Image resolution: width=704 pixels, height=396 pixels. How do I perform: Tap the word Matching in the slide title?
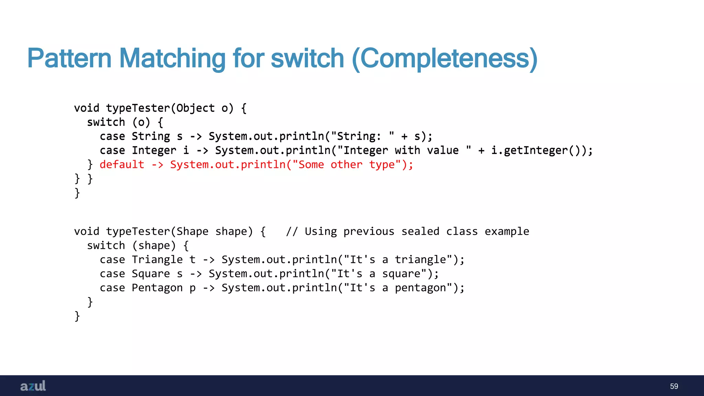click(172, 58)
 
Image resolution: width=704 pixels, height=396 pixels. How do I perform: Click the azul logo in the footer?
click(33, 386)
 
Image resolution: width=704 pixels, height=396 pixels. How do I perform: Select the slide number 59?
click(674, 386)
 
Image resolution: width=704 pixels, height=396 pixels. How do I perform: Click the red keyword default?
click(122, 165)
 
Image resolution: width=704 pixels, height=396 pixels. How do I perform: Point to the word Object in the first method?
click(196, 108)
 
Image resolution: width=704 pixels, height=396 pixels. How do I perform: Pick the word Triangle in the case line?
click(157, 260)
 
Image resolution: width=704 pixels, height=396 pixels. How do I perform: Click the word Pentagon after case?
click(157, 288)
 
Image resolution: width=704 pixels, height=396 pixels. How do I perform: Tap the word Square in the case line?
click(151, 274)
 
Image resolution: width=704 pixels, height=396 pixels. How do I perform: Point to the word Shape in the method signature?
click(192, 231)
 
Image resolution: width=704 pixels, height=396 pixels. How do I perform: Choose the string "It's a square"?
click(381, 274)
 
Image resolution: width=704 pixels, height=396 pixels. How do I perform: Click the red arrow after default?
click(157, 165)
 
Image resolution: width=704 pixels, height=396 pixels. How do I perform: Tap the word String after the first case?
click(151, 136)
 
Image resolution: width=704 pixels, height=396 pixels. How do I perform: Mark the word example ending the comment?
click(507, 231)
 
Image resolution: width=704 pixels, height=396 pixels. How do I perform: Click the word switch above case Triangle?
click(106, 245)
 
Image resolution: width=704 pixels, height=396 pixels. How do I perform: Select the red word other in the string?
click(346, 165)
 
